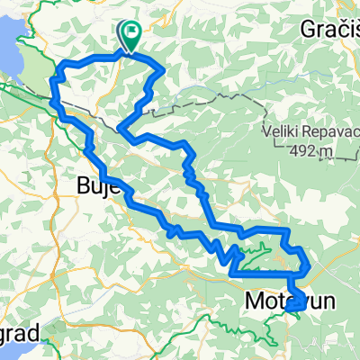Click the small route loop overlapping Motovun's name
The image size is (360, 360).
[298, 305]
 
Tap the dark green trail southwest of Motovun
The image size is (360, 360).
[266, 337]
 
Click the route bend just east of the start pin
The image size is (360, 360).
[159, 69]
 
